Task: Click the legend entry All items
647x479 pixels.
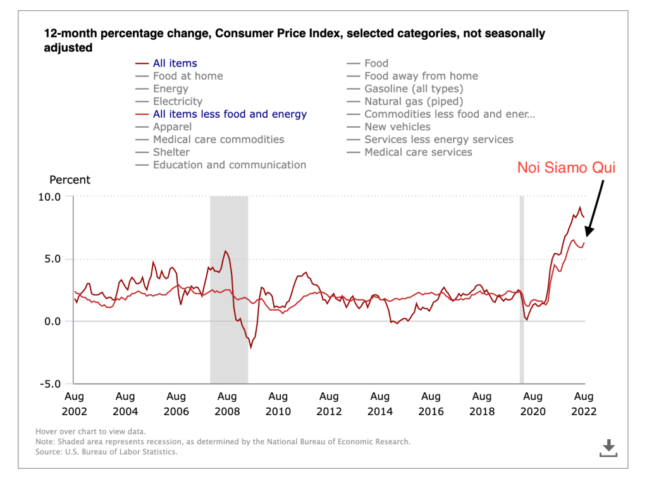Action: pyautogui.click(x=175, y=63)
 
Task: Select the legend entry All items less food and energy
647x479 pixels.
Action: pyautogui.click(x=230, y=115)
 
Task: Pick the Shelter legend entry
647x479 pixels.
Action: pyautogui.click(x=171, y=152)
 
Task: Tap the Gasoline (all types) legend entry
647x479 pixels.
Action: pyautogui.click(x=414, y=89)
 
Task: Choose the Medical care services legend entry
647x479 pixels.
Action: pyautogui.click(x=418, y=152)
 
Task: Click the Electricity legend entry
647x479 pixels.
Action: pyautogui.click(x=178, y=101)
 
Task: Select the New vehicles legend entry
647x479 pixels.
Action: pyautogui.click(x=397, y=127)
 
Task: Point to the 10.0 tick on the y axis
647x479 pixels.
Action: pyautogui.click(x=51, y=197)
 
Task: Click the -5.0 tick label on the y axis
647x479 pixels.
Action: pyautogui.click(x=51, y=384)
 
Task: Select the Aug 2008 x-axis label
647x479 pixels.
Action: pyautogui.click(x=227, y=404)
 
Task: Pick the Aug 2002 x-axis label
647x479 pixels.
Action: pyautogui.click(x=74, y=404)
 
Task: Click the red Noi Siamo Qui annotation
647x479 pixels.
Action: pyautogui.click(x=566, y=168)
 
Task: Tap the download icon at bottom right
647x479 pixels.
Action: pyautogui.click(x=608, y=447)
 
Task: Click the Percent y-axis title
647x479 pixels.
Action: pyautogui.click(x=70, y=180)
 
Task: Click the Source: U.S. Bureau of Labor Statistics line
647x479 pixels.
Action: pyautogui.click(x=106, y=452)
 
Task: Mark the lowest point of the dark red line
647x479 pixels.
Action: pyautogui.click(x=251, y=347)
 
